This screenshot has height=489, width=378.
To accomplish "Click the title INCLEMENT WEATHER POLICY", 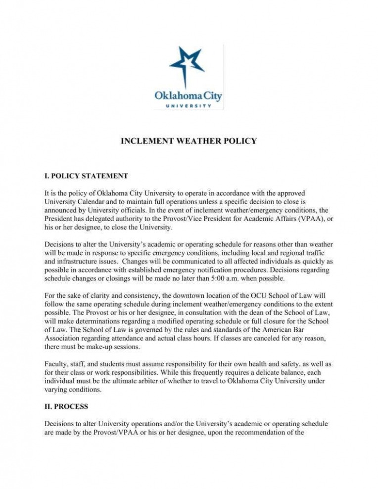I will [189, 141].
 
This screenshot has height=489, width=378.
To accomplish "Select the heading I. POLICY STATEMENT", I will [87, 176].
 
